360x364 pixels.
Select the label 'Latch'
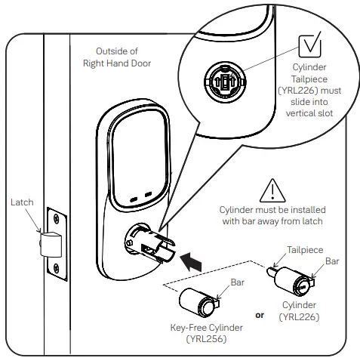click(x=23, y=202)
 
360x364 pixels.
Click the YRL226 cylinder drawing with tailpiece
click(x=291, y=283)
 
